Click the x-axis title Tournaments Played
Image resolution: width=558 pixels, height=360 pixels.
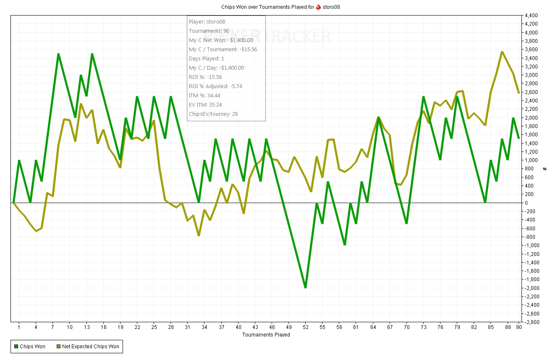click(266, 335)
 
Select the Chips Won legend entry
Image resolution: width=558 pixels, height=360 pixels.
click(29, 347)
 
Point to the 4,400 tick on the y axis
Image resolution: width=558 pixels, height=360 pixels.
click(531, 16)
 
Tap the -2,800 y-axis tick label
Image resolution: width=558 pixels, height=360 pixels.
click(531, 322)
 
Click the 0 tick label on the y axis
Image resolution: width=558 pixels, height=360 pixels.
click(527, 203)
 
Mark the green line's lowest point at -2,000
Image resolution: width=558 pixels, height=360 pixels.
click(305, 287)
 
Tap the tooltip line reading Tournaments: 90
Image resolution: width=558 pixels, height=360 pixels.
click(209, 31)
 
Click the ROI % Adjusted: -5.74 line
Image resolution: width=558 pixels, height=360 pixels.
click(215, 86)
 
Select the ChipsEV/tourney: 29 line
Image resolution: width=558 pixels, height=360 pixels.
click(213, 114)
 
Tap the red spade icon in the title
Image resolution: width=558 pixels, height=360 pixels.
click(318, 7)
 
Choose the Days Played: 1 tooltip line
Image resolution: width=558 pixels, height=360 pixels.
click(206, 59)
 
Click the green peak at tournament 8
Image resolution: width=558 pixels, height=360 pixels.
click(58, 54)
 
